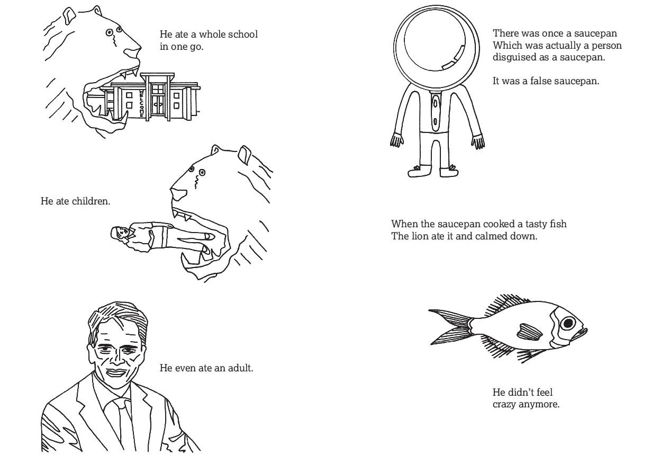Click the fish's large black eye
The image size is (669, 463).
tap(568, 323)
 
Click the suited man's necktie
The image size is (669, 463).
tap(124, 424)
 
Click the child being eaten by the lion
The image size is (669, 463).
tap(161, 236)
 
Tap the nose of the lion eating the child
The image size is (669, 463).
tap(178, 194)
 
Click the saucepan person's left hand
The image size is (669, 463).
tap(478, 141)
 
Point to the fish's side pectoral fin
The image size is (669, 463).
tap(529, 332)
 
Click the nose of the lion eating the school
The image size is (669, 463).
tap(132, 52)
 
